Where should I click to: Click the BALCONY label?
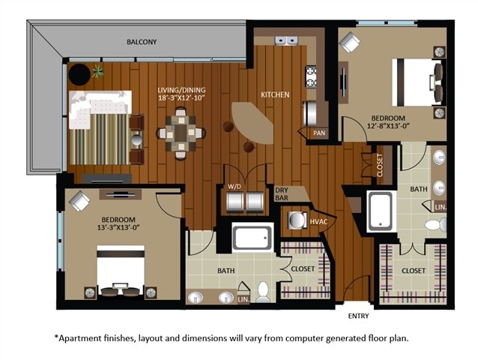click(141, 42)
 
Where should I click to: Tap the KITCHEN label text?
click(274, 95)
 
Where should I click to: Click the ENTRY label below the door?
click(358, 316)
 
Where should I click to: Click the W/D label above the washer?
click(234, 187)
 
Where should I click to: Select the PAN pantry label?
click(319, 133)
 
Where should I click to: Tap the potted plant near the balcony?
click(97, 73)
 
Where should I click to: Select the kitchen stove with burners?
click(311, 75)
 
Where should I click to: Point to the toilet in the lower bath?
click(264, 290)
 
